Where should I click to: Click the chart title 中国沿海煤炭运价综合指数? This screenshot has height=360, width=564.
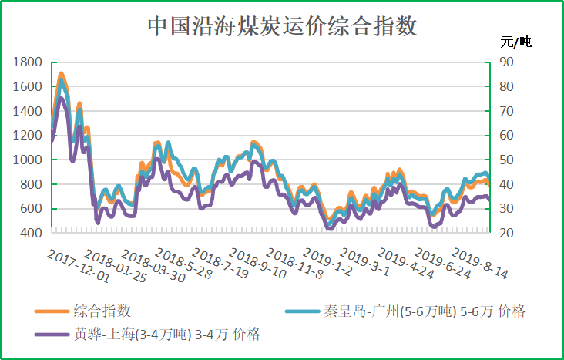(282, 27)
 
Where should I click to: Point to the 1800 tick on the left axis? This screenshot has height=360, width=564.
(27, 62)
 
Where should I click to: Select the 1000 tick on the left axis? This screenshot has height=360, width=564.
(27, 160)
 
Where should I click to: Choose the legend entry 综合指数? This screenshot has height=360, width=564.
(102, 311)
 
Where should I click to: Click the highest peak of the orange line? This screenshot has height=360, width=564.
(61, 74)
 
